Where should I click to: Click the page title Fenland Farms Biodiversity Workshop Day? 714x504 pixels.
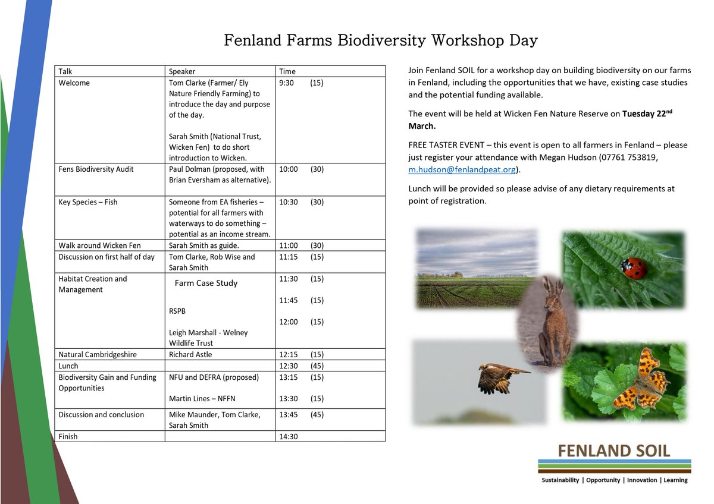click(381, 40)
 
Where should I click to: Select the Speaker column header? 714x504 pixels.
click(182, 71)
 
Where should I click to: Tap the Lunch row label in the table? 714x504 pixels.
click(68, 366)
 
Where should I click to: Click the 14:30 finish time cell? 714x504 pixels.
click(289, 436)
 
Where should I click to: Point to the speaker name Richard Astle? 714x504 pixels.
click(190, 354)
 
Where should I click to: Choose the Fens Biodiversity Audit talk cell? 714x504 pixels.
click(96, 169)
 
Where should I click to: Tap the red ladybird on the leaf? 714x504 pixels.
click(634, 268)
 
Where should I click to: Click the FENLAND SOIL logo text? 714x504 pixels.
click(614, 450)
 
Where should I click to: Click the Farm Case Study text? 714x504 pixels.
click(206, 283)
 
